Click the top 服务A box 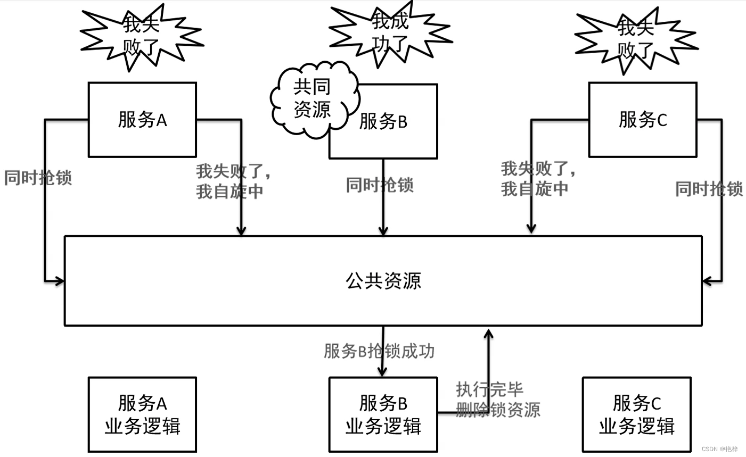tap(142, 120)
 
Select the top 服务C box tap(643, 120)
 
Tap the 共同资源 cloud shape tap(313, 98)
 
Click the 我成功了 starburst tap(390, 33)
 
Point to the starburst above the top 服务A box tap(141, 36)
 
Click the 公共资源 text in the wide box tap(383, 280)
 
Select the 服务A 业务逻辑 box tap(142, 414)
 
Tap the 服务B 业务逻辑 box tap(383, 414)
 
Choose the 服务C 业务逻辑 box tap(637, 414)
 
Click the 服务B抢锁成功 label tap(379, 351)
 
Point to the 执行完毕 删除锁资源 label tap(498, 399)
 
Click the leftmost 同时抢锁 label tap(38, 178)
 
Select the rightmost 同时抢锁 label tap(709, 188)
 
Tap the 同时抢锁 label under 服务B tap(380, 185)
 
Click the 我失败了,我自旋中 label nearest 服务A tap(233, 181)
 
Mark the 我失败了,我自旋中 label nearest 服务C tap(538, 179)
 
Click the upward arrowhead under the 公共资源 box tap(488, 334)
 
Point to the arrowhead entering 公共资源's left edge tap(59, 280)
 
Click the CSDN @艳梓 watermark tap(720, 449)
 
